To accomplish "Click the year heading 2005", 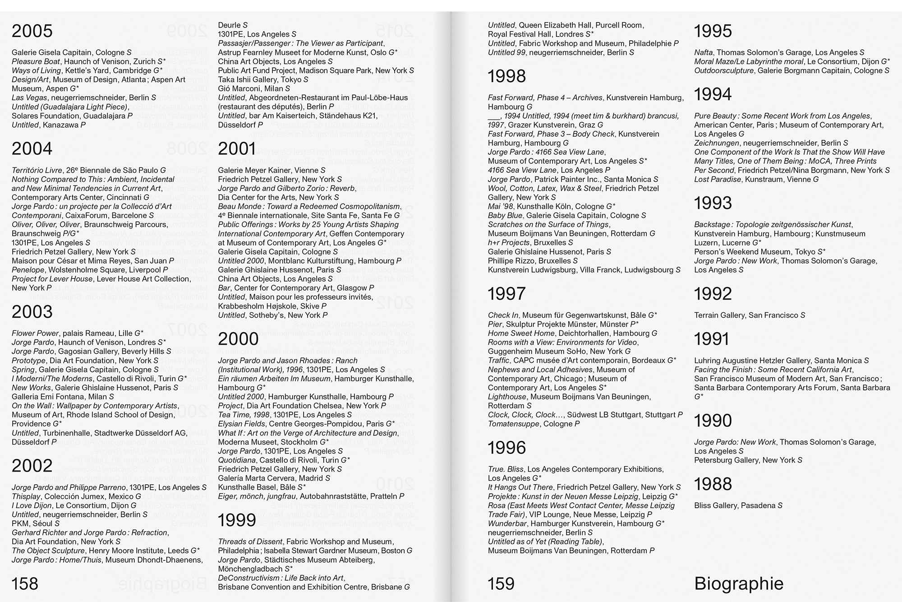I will coord(32,31).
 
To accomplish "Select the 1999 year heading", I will coord(237,520).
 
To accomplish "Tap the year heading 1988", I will coord(713,484).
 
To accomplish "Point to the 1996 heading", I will coord(506,448).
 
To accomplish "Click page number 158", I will coord(25,584).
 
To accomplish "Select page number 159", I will coord(501,584).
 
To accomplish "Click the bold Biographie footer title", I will coord(738,584).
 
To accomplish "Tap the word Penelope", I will coord(28,270).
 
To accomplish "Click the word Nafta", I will coord(704,52).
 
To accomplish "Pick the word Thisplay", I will coord(26,496).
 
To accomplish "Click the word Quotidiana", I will coord(237,460).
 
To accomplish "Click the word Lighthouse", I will coord(507,397).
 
